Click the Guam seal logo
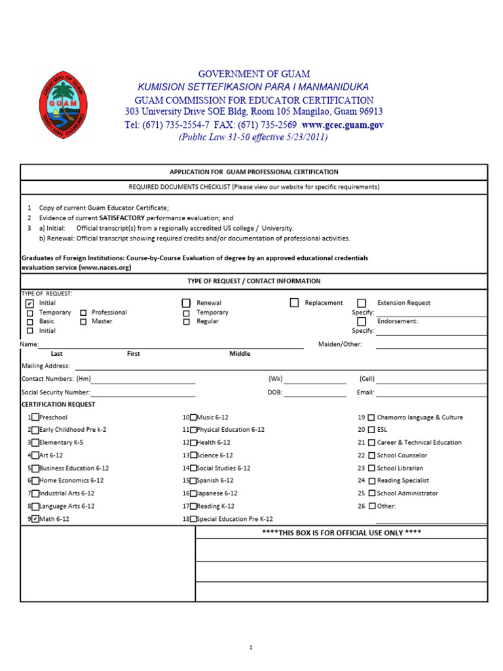pyautogui.click(x=63, y=105)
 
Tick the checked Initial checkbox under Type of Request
pyautogui.click(x=29, y=304)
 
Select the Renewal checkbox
pyautogui.click(x=186, y=303)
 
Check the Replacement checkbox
pyautogui.click(x=294, y=303)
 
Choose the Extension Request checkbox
pyautogui.click(x=362, y=303)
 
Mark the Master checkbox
pyautogui.click(x=83, y=322)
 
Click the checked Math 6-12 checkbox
pyautogui.click(x=35, y=519)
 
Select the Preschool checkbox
pyautogui.click(x=35, y=417)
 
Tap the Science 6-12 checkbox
pyautogui.click(x=193, y=455)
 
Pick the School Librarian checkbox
pyautogui.click(x=371, y=469)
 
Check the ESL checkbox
pyautogui.click(x=371, y=430)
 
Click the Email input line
pyautogui.click(x=431, y=393)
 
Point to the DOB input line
pyautogui.click(x=314, y=393)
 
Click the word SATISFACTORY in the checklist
pyautogui.click(x=121, y=218)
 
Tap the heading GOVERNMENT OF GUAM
pyautogui.click(x=254, y=74)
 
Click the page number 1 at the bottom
pyautogui.click(x=251, y=647)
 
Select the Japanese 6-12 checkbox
pyautogui.click(x=193, y=493)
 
